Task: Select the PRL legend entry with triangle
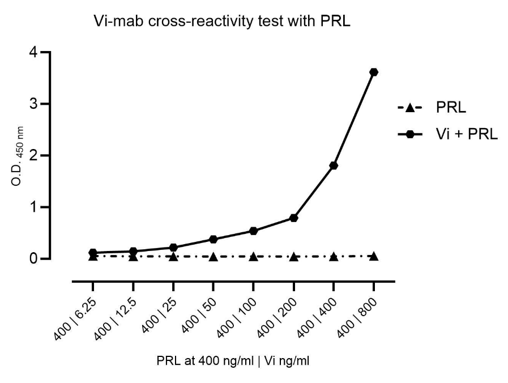tap(447, 107)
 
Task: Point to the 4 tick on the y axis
tap(36, 52)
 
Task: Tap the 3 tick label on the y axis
tap(36, 104)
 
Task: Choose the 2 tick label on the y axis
tap(36, 155)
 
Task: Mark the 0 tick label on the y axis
tap(36, 259)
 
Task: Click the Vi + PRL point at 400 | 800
tap(374, 72)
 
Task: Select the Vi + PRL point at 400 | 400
tap(334, 165)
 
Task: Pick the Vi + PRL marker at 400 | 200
tap(293, 218)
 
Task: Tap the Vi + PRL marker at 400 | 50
tap(213, 239)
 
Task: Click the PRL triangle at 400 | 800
tap(374, 256)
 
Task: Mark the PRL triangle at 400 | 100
tap(253, 257)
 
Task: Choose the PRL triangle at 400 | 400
tap(334, 257)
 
